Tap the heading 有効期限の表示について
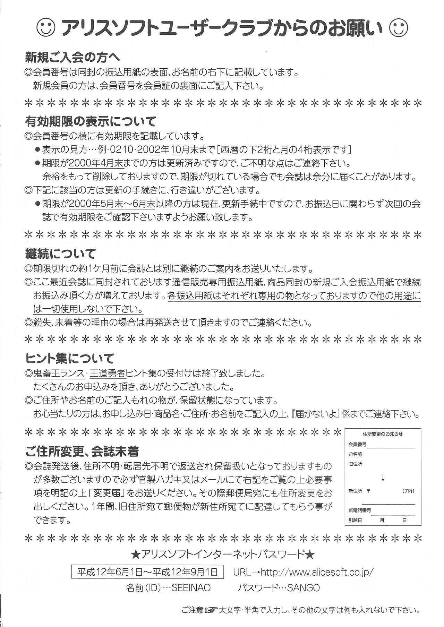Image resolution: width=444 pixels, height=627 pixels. tap(91, 121)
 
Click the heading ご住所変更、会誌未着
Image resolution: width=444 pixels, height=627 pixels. tap(82, 451)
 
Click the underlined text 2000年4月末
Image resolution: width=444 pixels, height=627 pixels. tap(96, 163)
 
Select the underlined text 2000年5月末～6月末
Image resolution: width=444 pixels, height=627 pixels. tap(112, 204)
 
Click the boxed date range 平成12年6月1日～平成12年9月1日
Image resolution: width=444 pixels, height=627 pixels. tap(147, 572)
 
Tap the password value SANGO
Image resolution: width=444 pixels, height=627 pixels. tap(303, 588)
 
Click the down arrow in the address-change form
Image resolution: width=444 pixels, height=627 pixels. tap(383, 479)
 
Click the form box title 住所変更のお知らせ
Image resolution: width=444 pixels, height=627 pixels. tap(383, 434)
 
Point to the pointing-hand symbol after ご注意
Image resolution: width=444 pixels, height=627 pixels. tap(211, 610)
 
